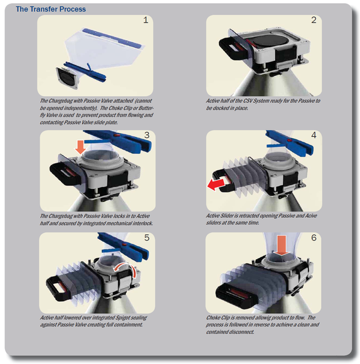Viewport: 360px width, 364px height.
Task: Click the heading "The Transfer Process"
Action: point(51,9)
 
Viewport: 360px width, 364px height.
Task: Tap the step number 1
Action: point(146,20)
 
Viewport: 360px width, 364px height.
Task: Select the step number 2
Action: point(314,20)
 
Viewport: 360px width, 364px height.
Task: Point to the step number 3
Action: point(147,135)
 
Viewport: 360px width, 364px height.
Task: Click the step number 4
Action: point(314,135)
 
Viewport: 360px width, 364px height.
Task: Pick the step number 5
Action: point(147,237)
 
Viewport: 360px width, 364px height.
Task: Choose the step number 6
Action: point(314,237)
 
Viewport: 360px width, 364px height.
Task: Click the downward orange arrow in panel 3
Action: point(80,147)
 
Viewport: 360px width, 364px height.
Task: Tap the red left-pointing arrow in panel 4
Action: point(216,185)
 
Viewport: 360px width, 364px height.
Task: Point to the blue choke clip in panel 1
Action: point(86,72)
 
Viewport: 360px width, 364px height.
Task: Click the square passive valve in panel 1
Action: point(68,78)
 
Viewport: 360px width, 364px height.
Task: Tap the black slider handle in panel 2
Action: point(233,48)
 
